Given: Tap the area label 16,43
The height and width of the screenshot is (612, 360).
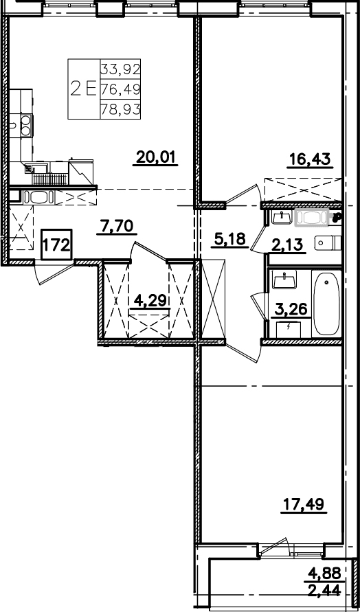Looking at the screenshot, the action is (x=310, y=159).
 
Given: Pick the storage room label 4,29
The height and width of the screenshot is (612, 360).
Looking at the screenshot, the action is (x=150, y=301).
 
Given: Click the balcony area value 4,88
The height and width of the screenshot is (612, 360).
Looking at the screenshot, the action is (x=324, y=573).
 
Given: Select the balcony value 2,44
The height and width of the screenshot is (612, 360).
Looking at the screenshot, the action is (x=324, y=589).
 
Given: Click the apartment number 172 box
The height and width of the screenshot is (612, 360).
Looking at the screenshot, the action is (x=56, y=245).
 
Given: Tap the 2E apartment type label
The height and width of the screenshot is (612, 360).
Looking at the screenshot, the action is (x=83, y=89).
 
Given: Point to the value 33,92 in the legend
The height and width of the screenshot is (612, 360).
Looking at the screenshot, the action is (x=120, y=69).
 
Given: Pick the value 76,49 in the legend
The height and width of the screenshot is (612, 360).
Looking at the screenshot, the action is (x=120, y=90).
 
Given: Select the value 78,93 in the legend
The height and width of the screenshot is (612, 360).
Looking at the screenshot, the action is (x=120, y=110).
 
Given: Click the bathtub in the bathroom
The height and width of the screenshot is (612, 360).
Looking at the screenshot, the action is (x=326, y=304).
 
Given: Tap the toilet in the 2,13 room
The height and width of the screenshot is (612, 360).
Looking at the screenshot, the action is (x=328, y=243).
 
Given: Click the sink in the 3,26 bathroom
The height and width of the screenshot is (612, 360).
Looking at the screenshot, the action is (x=284, y=280).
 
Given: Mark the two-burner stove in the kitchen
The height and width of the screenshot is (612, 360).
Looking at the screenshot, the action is (x=27, y=126).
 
